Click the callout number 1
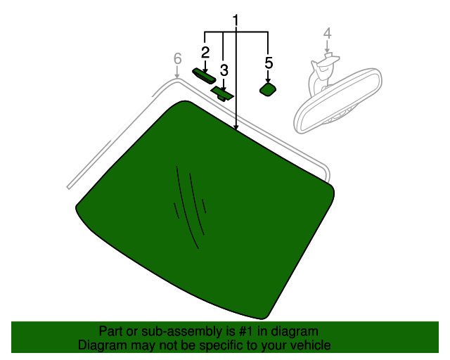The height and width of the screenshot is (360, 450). click(x=236, y=20)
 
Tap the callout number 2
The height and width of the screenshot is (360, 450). click(x=205, y=53)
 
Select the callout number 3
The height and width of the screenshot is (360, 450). click(x=224, y=70)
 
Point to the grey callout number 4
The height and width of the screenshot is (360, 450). click(x=328, y=34)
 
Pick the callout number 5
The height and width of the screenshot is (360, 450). click(x=269, y=63)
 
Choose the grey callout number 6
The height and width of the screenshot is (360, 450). click(x=178, y=58)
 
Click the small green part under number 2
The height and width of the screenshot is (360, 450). click(x=204, y=77)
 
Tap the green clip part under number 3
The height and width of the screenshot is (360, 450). click(x=222, y=94)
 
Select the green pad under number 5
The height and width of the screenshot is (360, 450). click(x=268, y=89)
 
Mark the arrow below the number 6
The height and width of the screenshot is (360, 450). click(x=177, y=72)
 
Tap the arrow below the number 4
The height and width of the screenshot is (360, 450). click(x=327, y=47)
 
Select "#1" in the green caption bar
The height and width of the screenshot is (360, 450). click(x=246, y=331)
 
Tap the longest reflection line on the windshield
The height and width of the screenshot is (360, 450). click(x=187, y=207)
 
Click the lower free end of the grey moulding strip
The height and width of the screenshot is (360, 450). click(x=68, y=188)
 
